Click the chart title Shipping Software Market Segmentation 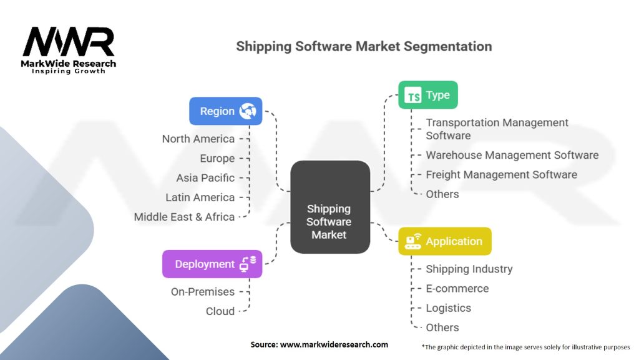(x=364, y=46)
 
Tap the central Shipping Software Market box (x=329, y=207)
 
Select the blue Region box (x=226, y=111)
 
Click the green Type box (x=427, y=95)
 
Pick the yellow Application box (x=444, y=241)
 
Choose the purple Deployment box (x=212, y=264)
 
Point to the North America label (x=198, y=139)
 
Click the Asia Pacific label (x=205, y=177)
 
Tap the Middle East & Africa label (x=184, y=217)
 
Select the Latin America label (x=200, y=197)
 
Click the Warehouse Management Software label (x=512, y=155)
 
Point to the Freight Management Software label (x=501, y=174)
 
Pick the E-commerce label (x=457, y=288)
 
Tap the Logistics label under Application (x=448, y=307)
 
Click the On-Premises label (x=203, y=291)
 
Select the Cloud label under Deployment (x=220, y=311)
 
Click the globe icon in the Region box (x=248, y=111)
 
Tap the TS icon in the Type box (x=412, y=96)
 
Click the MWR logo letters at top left (x=69, y=42)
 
